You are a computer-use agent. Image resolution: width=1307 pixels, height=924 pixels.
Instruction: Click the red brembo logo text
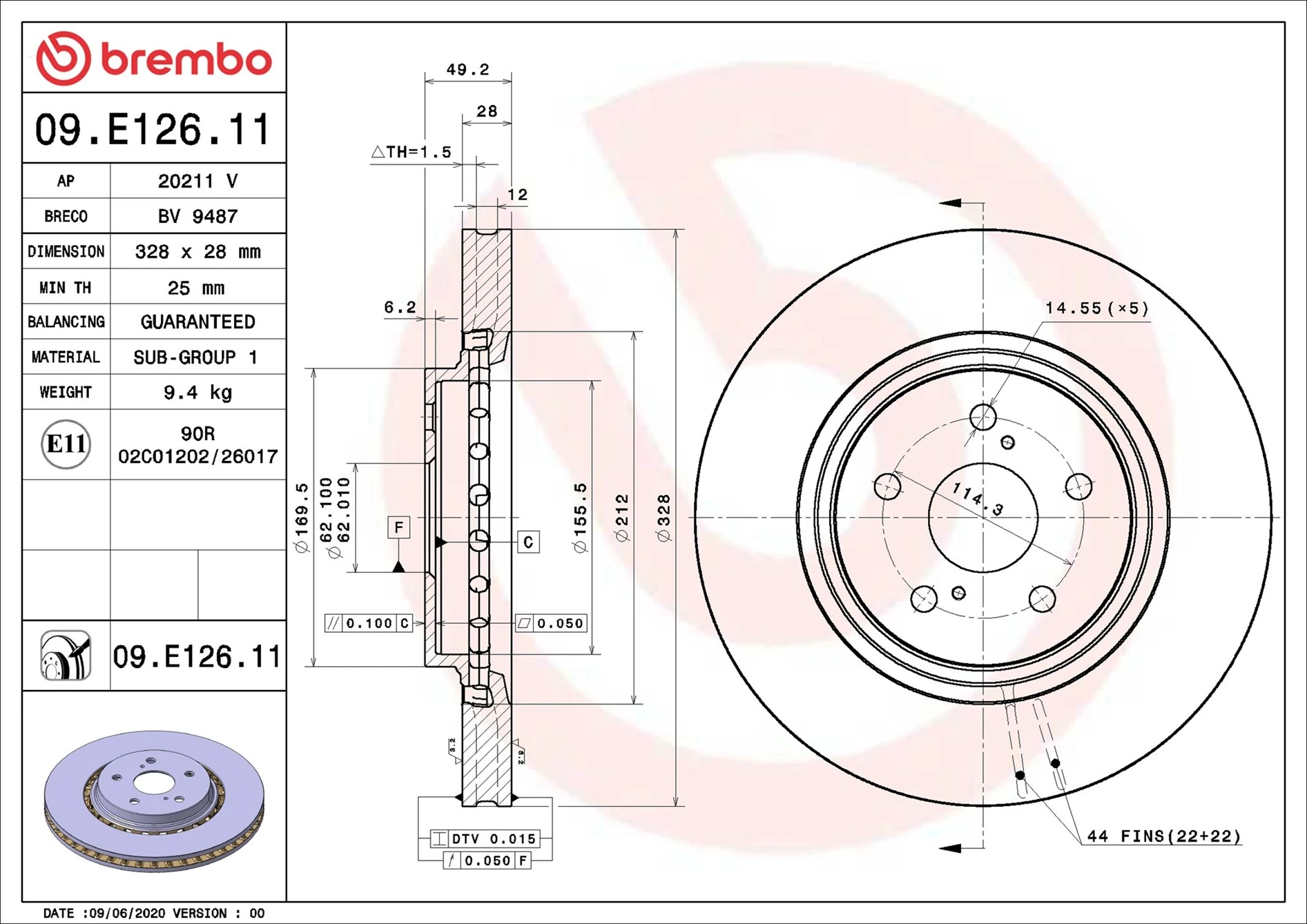tap(186, 59)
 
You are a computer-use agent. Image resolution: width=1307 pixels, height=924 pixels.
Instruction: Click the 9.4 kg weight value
tap(197, 393)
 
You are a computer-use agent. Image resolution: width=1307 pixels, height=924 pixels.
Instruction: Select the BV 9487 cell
tap(197, 217)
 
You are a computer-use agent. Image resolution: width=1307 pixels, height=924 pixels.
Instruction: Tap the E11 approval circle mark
tap(66, 444)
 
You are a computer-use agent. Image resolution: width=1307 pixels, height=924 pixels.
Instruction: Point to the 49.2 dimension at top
tap(467, 70)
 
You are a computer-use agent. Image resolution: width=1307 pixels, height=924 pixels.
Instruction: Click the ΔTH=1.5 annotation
tap(412, 152)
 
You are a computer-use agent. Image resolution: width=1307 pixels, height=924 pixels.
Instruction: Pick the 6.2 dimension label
tap(400, 307)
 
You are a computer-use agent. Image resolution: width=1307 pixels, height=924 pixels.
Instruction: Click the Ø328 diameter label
tap(664, 518)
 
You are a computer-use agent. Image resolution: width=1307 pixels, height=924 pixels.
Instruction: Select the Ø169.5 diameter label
tap(302, 518)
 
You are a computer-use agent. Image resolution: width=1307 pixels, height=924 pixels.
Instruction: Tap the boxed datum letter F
tap(398, 528)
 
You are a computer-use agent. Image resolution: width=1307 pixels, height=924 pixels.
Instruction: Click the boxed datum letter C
tap(528, 542)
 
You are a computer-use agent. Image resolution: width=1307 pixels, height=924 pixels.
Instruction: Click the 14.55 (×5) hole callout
tap(1096, 308)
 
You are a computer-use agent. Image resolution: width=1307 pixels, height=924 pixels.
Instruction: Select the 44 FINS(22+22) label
tap(1163, 836)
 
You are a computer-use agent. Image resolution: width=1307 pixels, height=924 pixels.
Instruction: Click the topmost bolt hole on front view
tap(982, 417)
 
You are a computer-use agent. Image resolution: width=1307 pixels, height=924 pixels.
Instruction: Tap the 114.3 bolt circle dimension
tap(977, 499)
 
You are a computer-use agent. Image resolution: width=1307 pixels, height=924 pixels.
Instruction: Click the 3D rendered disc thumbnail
tap(154, 800)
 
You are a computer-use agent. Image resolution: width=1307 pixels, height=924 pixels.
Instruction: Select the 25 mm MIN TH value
tap(196, 288)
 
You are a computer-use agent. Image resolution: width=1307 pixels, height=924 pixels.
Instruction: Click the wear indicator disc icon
tap(66, 656)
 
